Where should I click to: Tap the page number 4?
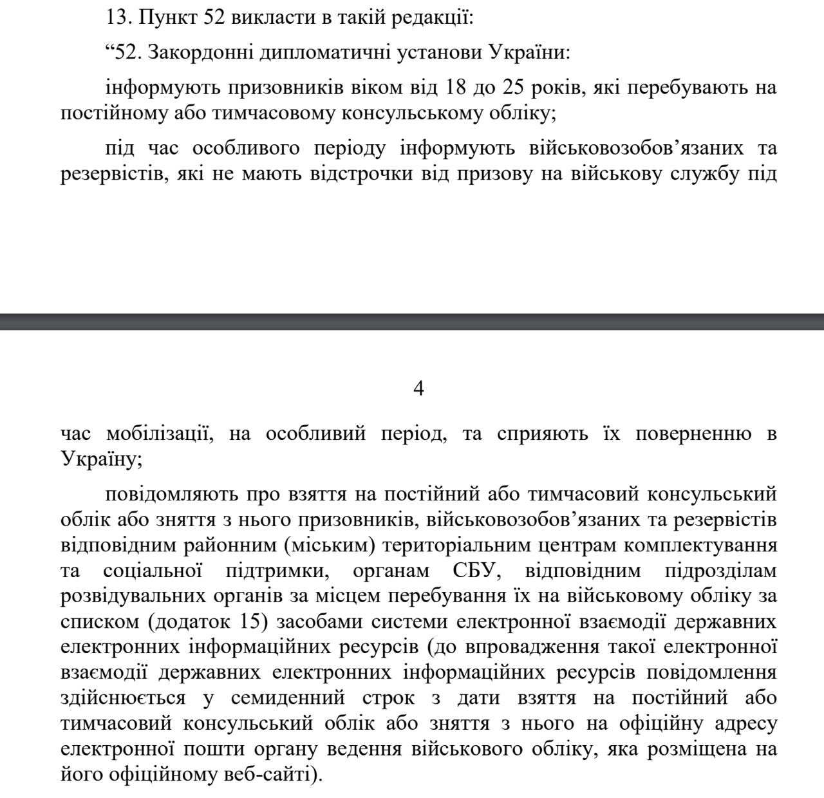[x=418, y=388]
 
